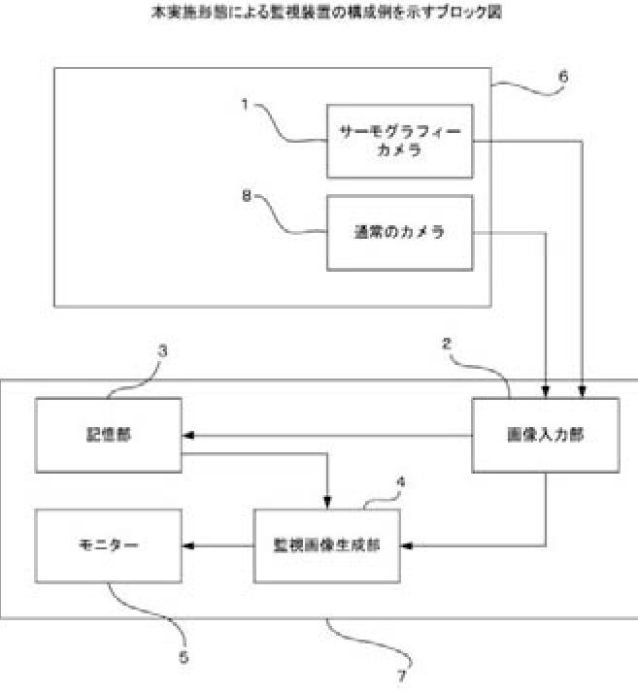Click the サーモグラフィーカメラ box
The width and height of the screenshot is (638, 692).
click(398, 142)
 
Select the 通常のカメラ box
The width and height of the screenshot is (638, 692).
click(398, 233)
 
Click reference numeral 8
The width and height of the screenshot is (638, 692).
click(247, 194)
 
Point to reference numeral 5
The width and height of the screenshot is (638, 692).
click(185, 657)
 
